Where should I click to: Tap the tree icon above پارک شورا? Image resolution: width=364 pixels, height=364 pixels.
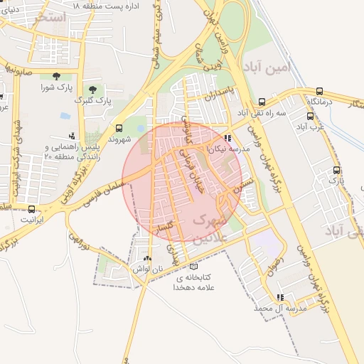pos(56,75)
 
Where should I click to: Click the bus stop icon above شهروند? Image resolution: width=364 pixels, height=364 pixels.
pos(118,129)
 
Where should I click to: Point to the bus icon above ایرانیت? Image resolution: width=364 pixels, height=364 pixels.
pos(31,209)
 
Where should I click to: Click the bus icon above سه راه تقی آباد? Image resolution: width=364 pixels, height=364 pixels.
pos(262,102)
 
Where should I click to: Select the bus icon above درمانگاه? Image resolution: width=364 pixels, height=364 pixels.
pos(319,92)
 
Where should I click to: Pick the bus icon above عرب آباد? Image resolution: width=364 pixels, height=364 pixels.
pos(311,116)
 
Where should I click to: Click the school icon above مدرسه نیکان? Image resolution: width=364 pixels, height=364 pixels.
pos(227,139)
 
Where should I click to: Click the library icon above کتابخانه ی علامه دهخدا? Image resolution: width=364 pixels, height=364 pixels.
pos(193,266)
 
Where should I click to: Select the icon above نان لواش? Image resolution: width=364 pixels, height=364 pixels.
pos(147,258)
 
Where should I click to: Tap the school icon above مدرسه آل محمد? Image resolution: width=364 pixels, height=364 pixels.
pos(280,297)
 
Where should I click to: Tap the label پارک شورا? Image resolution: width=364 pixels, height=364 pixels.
pos(57,87)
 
